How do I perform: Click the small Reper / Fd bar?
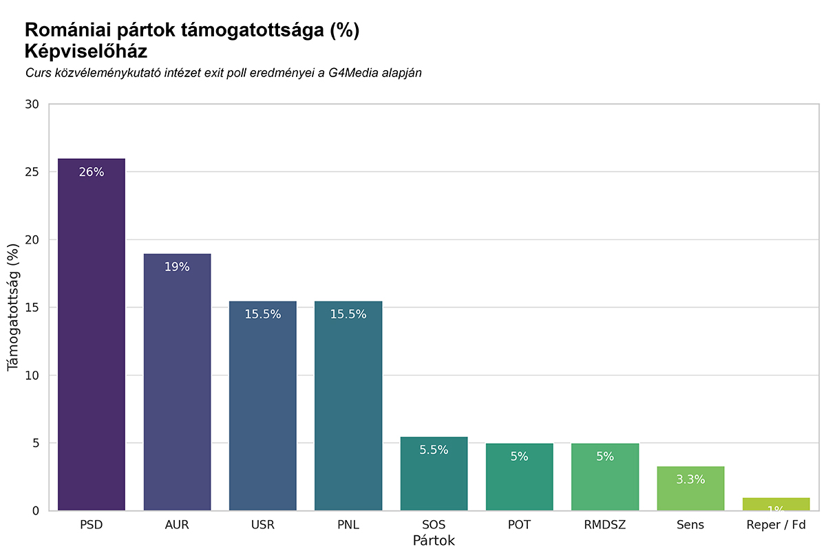tap(776, 504)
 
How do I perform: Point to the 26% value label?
tap(92, 172)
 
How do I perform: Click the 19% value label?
tap(177, 267)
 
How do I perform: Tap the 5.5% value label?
tap(434, 450)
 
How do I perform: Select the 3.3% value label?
tap(690, 480)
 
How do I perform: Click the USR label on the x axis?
tap(263, 525)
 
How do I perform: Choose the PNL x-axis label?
tap(348, 525)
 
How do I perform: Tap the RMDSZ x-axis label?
tap(605, 525)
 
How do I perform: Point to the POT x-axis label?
tap(519, 525)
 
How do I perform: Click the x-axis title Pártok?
tap(434, 541)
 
